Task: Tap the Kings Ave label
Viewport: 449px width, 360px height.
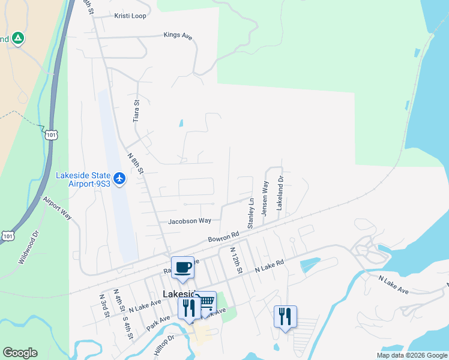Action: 178,36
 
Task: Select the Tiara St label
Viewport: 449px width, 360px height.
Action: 136,111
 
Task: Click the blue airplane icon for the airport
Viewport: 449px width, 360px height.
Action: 119,179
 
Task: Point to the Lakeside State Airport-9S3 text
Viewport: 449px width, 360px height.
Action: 83,179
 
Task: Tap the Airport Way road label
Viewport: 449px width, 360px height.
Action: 57,207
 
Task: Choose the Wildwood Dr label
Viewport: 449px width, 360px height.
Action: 28,247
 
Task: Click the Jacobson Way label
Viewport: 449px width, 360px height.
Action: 190,221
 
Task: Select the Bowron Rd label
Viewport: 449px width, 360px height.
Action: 224,238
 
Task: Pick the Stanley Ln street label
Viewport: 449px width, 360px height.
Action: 251,213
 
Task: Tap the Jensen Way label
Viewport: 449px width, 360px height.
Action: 265,199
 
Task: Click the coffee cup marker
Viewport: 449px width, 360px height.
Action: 182,266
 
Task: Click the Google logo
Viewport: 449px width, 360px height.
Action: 20,353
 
